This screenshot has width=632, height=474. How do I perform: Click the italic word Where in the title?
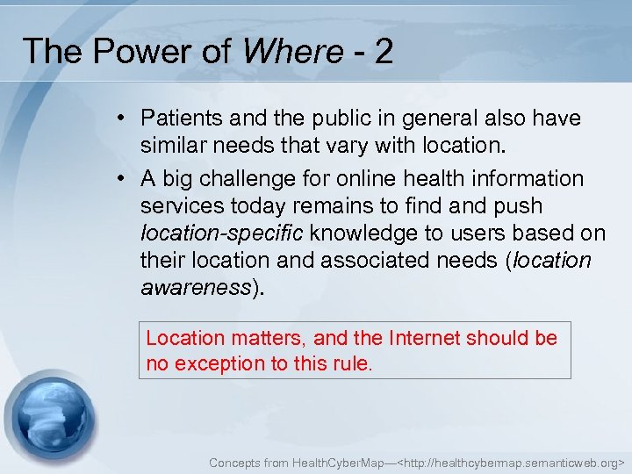click(x=291, y=52)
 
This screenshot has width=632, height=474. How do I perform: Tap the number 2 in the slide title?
click(x=383, y=52)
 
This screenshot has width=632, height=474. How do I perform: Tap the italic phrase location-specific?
click(x=221, y=233)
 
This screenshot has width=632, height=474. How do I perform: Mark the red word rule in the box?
click(x=352, y=363)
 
